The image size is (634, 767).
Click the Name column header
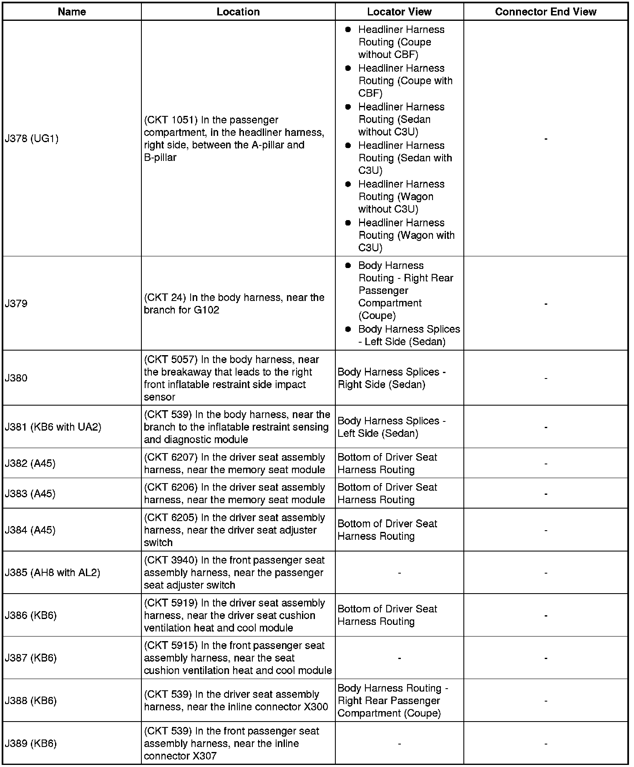click(72, 12)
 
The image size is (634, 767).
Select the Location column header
click(238, 12)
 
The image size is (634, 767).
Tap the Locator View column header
click(399, 12)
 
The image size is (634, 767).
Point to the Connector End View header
click(546, 12)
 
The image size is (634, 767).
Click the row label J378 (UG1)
click(32, 139)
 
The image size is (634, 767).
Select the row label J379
click(16, 303)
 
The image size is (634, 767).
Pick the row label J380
click(16, 378)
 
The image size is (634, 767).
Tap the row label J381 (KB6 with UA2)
click(53, 427)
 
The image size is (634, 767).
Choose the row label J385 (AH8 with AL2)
click(53, 572)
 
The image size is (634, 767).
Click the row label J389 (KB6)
click(30, 743)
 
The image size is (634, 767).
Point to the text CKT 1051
click(171, 120)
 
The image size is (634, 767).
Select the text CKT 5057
click(171, 360)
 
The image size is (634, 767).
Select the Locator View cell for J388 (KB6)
click(392, 701)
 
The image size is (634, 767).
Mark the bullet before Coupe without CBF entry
click(348, 30)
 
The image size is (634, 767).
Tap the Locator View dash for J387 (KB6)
click(399, 658)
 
